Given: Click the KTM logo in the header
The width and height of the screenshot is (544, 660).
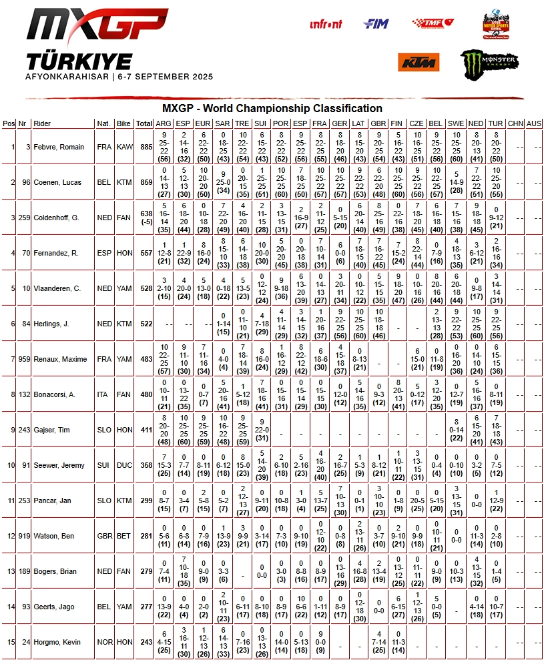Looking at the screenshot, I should pos(419,62).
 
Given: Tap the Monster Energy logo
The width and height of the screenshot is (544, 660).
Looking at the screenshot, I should pos(489,63).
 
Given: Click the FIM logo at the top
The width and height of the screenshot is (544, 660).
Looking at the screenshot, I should pos(376,24).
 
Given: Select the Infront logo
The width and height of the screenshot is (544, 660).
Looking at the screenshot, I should pos(326,25).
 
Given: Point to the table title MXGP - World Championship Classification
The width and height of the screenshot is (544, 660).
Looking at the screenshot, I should pos(272,108).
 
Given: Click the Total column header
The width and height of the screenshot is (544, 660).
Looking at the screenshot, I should pos(144,123).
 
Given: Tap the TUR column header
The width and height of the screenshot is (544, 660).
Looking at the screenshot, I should pos(495,123).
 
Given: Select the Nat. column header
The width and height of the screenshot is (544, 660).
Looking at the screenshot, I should pos(103,123).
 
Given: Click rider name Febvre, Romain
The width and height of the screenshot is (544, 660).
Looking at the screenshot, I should pos(60,147).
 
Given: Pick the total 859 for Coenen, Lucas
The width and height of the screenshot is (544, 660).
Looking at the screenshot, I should pos(144,182).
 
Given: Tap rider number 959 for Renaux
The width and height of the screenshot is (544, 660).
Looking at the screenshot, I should pos(23,359).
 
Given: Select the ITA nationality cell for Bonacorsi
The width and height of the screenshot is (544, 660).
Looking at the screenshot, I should pos(103,394).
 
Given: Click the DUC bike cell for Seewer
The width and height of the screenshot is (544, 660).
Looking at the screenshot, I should pos(123,465).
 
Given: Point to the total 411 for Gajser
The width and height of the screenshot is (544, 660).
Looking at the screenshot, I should pos(144,430).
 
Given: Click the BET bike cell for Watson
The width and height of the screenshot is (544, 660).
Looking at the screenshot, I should pos(123,536).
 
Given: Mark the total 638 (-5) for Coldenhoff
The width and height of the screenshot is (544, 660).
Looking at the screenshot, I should pos(144,218).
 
